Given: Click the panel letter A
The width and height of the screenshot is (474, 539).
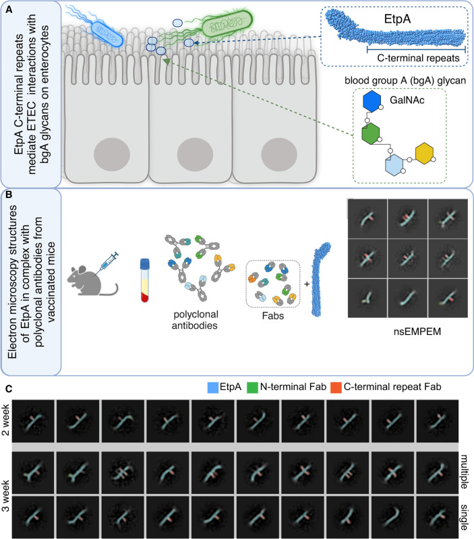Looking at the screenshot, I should (8, 7).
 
